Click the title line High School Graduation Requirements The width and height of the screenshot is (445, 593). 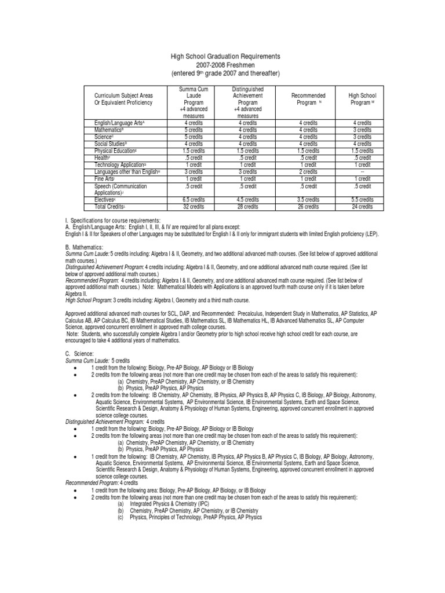point(225,56)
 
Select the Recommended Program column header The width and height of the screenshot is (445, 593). point(308,99)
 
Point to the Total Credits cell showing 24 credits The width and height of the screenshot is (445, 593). point(362,206)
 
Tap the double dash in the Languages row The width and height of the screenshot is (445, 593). point(362,172)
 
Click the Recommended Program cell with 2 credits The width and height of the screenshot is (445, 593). point(308,172)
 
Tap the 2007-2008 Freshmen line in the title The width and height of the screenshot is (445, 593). point(225,65)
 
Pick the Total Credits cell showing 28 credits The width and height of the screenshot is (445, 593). point(247,206)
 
